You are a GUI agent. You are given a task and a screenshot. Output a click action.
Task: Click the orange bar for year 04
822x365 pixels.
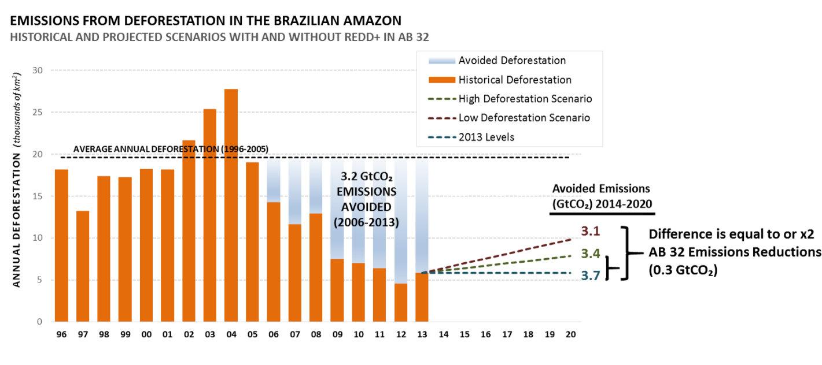(231, 206)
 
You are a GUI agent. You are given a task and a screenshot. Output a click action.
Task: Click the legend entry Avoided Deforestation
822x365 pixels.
(512, 61)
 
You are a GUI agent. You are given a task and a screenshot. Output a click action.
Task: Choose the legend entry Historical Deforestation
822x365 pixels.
(515, 80)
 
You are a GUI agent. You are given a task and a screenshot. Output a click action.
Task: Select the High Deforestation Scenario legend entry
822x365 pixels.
(525, 99)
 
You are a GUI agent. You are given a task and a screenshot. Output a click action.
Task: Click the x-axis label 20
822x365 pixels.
(570, 334)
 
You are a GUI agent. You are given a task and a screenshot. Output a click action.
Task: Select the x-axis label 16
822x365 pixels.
(485, 334)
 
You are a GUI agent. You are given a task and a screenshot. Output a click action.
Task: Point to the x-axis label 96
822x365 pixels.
(61, 334)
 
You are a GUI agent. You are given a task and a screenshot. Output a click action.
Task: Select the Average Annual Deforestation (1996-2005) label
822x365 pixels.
(171, 149)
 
